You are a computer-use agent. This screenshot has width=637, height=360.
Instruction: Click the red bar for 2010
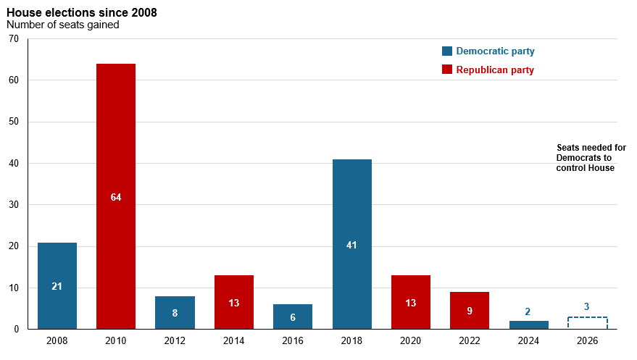click(116, 196)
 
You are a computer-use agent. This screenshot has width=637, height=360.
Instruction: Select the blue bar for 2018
click(351, 244)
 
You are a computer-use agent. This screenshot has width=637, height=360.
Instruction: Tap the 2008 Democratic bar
click(57, 285)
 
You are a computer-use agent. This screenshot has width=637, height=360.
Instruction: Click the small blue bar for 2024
click(528, 325)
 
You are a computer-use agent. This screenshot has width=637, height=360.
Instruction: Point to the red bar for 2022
click(470, 311)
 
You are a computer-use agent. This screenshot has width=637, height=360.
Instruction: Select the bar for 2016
click(293, 317)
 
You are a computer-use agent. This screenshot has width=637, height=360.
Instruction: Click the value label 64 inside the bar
click(116, 197)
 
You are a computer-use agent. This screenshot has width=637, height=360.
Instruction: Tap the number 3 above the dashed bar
click(586, 307)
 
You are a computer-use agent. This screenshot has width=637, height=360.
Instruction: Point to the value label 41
click(351, 245)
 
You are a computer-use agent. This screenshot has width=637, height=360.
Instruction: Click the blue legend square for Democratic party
click(447, 51)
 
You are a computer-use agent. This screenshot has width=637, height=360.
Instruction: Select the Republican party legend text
click(495, 70)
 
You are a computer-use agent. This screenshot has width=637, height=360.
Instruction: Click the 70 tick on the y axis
click(14, 38)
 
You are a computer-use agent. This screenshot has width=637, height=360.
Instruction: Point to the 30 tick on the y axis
click(14, 204)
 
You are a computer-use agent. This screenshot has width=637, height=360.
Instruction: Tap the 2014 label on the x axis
click(233, 340)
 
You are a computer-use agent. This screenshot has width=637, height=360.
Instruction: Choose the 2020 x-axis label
click(410, 340)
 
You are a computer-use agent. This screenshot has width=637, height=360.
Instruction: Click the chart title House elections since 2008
click(82, 12)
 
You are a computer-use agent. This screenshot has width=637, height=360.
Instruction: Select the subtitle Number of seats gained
click(63, 25)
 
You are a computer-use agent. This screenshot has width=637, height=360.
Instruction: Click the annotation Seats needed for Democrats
click(591, 153)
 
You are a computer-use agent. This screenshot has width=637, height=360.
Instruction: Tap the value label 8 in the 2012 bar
click(175, 313)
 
